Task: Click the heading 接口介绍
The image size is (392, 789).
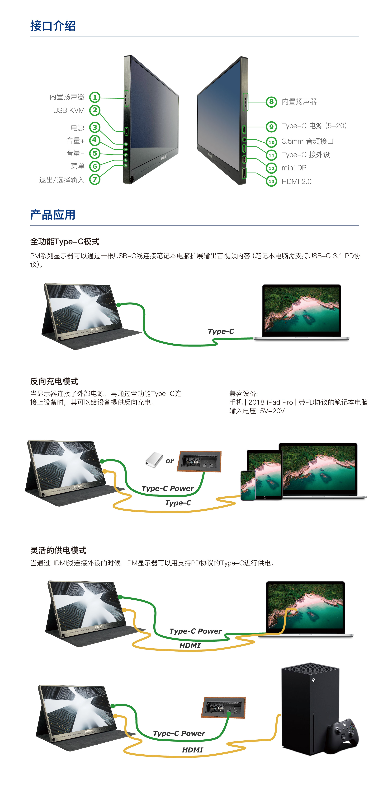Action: [x=53, y=26]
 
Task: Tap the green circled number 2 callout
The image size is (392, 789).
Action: [x=95, y=110]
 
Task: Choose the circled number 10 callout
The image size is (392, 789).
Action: [x=271, y=142]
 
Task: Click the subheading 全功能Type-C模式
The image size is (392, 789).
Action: [x=65, y=242]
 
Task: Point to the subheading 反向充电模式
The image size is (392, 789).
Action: [x=54, y=381]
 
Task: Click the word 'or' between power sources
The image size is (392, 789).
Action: [x=170, y=461]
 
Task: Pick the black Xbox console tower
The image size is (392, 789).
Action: [x=310, y=708]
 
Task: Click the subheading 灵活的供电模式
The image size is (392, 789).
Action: [x=58, y=550]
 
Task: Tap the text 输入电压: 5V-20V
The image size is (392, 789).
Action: [x=257, y=411]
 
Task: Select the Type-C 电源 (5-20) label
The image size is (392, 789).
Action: [x=314, y=126]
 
